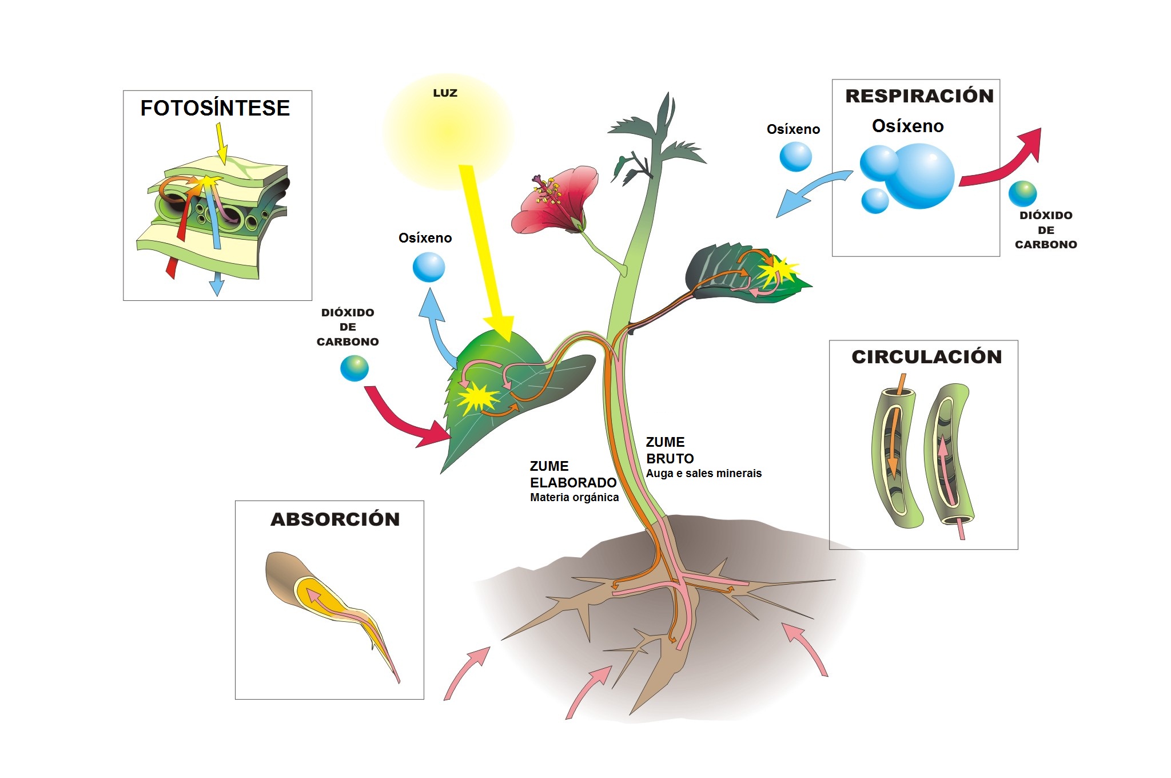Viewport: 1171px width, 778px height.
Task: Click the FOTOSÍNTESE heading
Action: click(215, 108)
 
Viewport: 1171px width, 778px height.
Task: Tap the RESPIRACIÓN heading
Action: click(919, 96)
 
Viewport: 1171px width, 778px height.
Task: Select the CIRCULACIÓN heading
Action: click(927, 356)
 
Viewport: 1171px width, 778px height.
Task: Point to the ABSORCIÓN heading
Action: click(335, 519)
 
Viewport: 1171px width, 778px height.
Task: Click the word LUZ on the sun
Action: click(445, 93)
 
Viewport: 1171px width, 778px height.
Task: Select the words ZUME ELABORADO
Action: click(573, 474)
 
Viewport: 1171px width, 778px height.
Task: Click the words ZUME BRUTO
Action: click(670, 450)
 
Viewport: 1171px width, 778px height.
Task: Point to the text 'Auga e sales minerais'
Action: click(704, 474)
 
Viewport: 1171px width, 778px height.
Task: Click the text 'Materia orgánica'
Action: click(574, 498)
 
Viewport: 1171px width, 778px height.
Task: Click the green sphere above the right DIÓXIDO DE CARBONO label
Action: click(1023, 194)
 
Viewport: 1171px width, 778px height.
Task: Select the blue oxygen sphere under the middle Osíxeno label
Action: click(429, 267)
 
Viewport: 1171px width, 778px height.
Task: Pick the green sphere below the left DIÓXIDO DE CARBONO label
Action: click(355, 368)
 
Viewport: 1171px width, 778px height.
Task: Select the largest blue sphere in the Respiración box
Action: click(922, 176)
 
